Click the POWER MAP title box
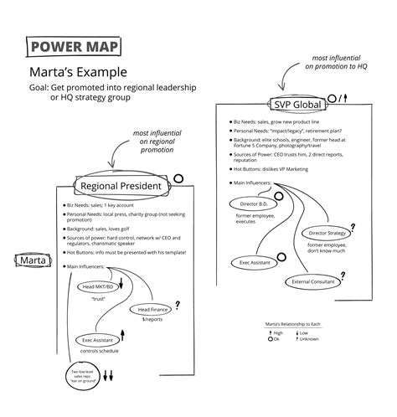tap(72, 46)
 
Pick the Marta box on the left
tap(30, 260)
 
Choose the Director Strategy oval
tap(327, 233)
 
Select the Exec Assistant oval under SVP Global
tap(255, 262)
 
